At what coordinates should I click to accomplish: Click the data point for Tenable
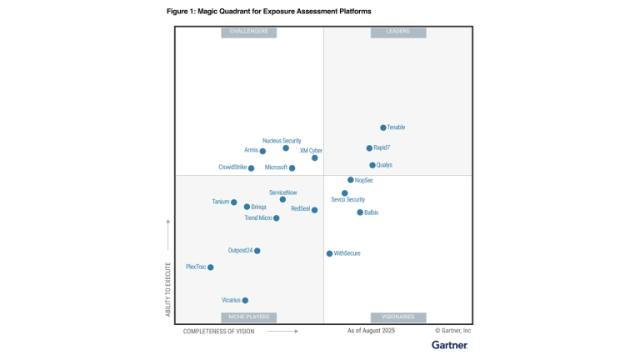tap(383, 127)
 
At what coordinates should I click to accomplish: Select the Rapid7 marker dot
tap(369, 148)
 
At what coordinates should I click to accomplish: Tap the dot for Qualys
tap(372, 165)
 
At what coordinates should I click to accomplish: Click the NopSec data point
tap(351, 180)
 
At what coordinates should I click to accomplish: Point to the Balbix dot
tap(360, 212)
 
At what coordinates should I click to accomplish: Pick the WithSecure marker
tap(330, 253)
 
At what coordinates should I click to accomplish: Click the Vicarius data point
tap(245, 301)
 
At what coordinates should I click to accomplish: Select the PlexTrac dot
tap(211, 267)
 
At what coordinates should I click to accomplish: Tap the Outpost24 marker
tap(257, 251)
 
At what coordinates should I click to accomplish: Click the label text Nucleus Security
tap(282, 141)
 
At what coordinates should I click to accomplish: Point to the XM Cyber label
tap(311, 151)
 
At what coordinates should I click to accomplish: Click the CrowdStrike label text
tap(232, 167)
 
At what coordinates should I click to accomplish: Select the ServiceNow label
tap(282, 192)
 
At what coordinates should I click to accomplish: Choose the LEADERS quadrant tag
tap(398, 32)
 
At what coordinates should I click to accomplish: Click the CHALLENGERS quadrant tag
tap(248, 32)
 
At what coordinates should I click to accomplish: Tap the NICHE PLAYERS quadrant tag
tap(248, 317)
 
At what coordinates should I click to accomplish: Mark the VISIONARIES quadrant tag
tap(398, 317)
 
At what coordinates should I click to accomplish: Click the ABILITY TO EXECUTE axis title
tap(167, 289)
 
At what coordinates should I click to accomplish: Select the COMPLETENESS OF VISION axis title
tap(219, 331)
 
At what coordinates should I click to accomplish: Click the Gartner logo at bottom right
tap(448, 344)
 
